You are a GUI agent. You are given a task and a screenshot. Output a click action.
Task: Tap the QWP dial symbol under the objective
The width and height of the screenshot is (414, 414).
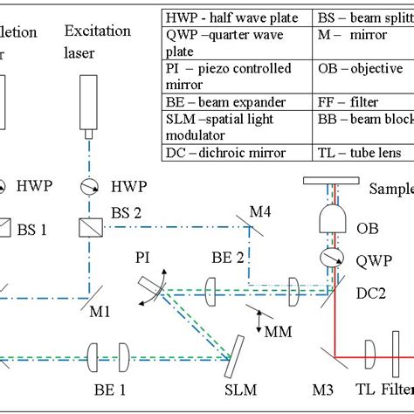[x=331, y=259]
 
